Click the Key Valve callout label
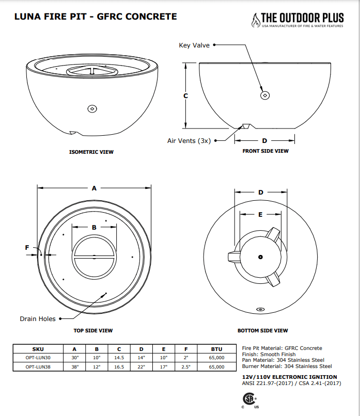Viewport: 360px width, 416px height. click(x=194, y=45)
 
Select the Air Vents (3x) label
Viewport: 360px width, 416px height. click(x=189, y=140)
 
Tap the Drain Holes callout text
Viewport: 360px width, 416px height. click(x=38, y=319)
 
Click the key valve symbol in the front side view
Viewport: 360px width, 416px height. click(x=265, y=95)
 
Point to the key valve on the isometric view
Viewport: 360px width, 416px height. click(x=92, y=108)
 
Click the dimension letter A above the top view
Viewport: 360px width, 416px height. click(x=94, y=188)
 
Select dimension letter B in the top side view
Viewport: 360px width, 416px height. click(x=94, y=227)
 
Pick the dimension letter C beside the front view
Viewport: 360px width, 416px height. click(x=185, y=96)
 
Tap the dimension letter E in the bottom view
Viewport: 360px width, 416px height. click(x=260, y=214)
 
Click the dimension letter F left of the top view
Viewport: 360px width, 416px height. click(x=27, y=248)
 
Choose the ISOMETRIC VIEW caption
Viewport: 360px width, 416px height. click(x=91, y=152)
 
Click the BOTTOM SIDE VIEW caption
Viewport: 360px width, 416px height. click(x=262, y=330)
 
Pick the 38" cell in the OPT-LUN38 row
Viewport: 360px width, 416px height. click(x=74, y=367)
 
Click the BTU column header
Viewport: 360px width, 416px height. click(x=216, y=348)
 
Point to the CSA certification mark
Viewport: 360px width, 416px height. click(x=249, y=401)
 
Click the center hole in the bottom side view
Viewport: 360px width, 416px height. click(x=260, y=257)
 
